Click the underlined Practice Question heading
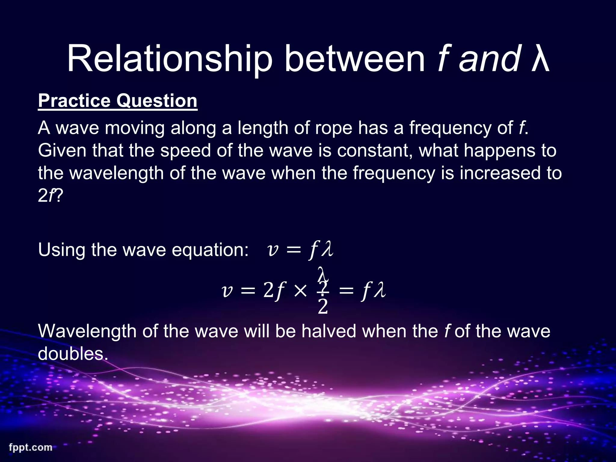pos(118,101)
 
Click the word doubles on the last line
pos(72,354)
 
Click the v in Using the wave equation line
pos(273,250)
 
